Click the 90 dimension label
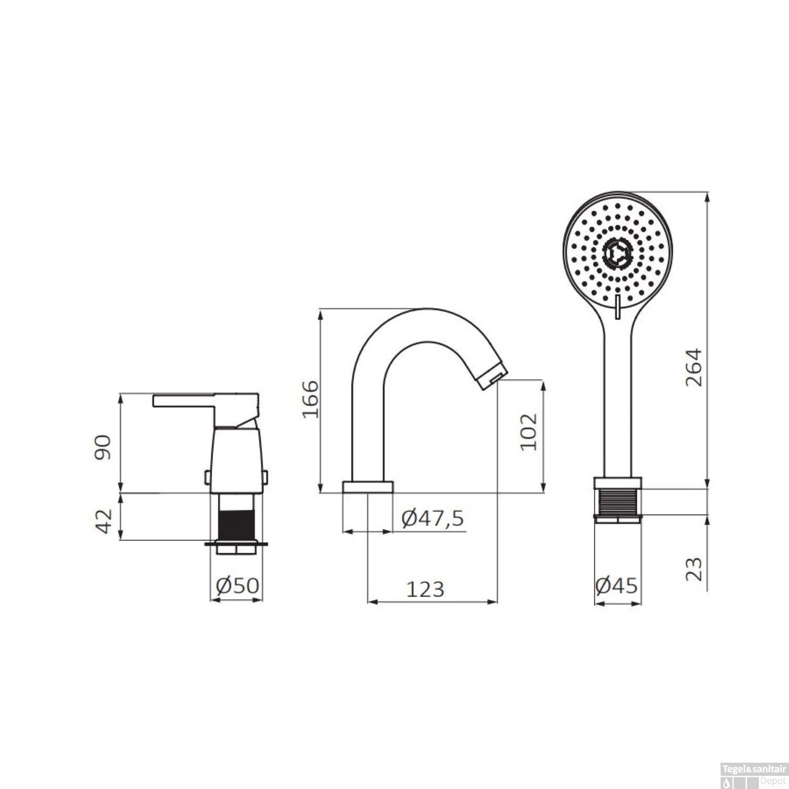103,447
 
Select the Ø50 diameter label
238,585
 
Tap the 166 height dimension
310,398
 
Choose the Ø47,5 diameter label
432,519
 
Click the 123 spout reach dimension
425,589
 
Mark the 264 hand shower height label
693,367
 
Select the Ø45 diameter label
616,585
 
